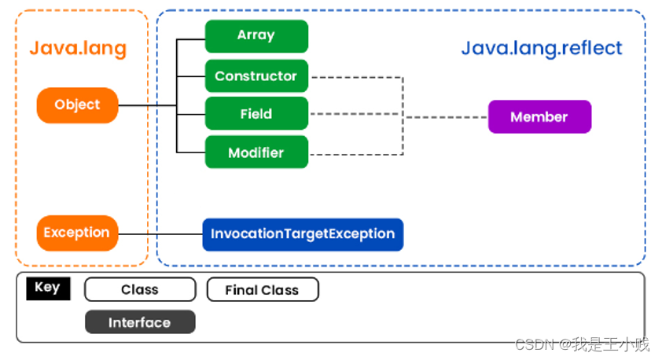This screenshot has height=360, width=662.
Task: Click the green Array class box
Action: pyautogui.click(x=256, y=36)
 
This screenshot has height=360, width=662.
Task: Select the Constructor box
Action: pyautogui.click(x=256, y=76)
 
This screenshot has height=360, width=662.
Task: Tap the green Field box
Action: pyautogui.click(x=256, y=114)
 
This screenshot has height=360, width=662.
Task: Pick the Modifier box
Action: pyautogui.click(x=256, y=152)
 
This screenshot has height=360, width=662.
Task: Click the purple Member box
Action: pyautogui.click(x=539, y=117)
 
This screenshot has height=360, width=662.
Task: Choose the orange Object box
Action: pyautogui.click(x=77, y=105)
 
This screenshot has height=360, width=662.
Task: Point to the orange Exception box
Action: pyautogui.click(x=77, y=233)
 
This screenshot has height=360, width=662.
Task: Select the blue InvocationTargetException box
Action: pyautogui.click(x=303, y=234)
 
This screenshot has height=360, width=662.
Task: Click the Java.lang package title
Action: pyautogui.click(x=78, y=48)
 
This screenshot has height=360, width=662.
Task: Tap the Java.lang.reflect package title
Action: pyautogui.click(x=541, y=48)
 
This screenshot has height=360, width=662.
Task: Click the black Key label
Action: pyautogui.click(x=47, y=288)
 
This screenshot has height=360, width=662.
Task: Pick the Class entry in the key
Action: pyautogui.click(x=140, y=290)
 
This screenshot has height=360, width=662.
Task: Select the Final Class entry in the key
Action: pyautogui.click(x=262, y=290)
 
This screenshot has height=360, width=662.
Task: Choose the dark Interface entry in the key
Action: pyautogui.click(x=139, y=322)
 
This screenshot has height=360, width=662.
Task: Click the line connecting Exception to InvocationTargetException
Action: pyautogui.click(x=160, y=233)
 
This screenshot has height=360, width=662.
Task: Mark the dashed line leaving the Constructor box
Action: pyautogui.click(x=354, y=77)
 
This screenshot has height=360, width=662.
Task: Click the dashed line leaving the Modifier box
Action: pyautogui.click(x=354, y=155)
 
